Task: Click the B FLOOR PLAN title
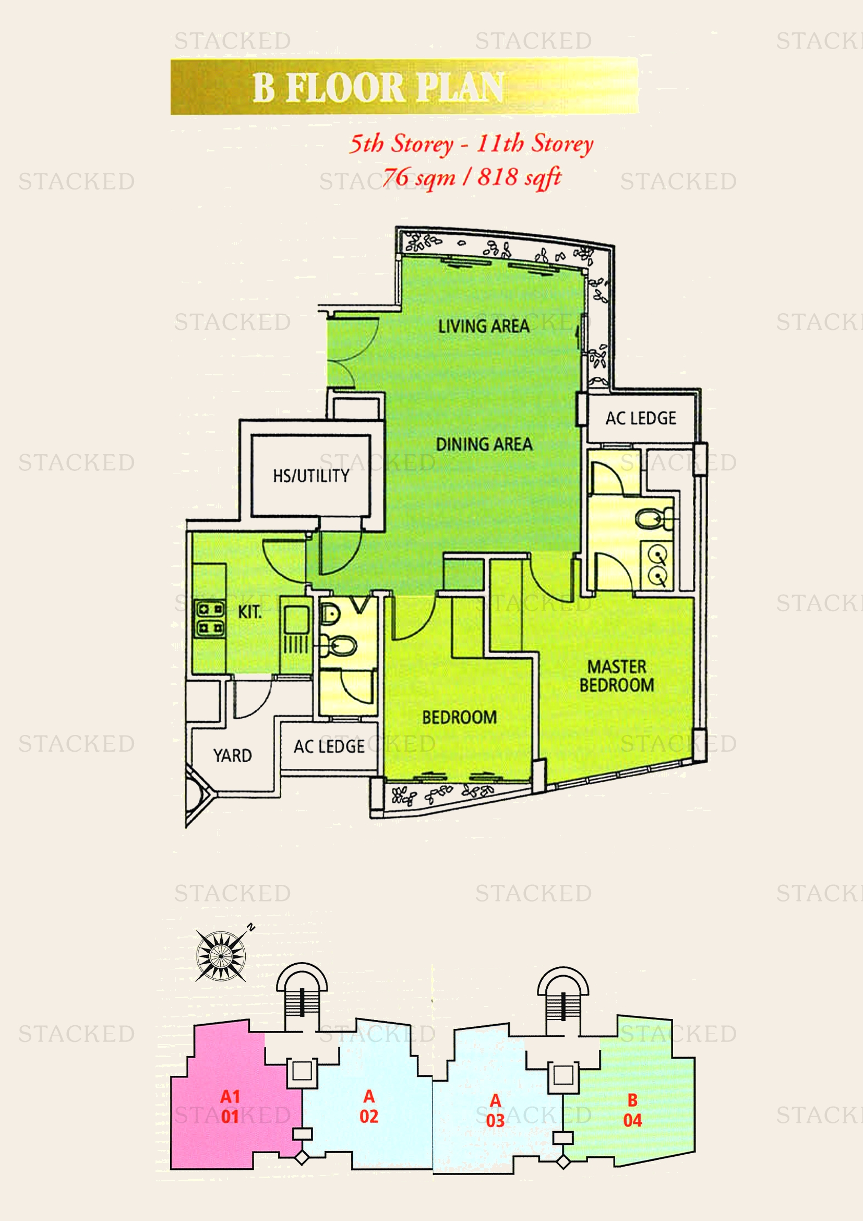378,87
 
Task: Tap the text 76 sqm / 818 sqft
472,176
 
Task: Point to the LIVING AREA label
484,326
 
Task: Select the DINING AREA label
484,444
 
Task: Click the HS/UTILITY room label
311,476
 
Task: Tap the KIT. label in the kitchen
249,612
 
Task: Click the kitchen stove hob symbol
210,619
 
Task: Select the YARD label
232,755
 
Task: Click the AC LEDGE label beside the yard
329,746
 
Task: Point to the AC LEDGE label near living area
641,419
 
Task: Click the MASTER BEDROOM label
616,676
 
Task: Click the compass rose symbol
221,956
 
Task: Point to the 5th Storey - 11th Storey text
471,144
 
